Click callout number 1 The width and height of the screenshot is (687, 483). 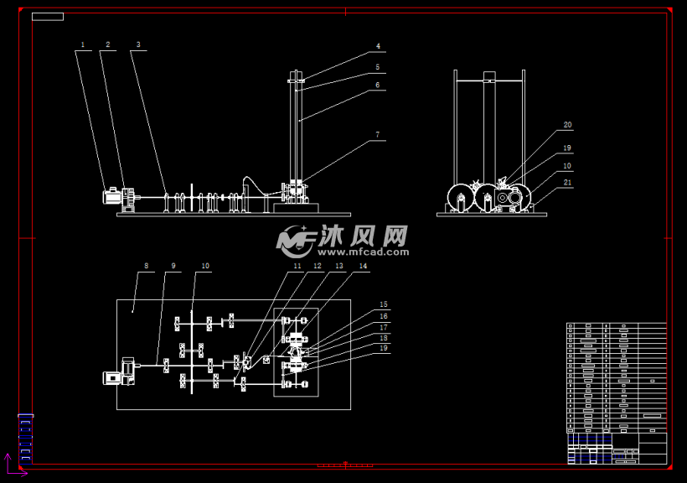click(x=83, y=44)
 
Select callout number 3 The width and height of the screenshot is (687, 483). click(x=138, y=44)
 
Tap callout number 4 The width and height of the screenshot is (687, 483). click(x=378, y=46)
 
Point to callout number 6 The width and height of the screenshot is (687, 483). click(x=378, y=85)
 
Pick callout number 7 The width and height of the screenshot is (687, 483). click(x=378, y=134)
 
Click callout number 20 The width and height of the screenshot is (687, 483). click(x=567, y=125)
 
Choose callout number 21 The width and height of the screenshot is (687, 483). click(x=567, y=182)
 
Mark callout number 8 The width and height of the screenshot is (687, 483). click(x=146, y=266)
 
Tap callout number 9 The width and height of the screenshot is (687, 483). click(x=173, y=266)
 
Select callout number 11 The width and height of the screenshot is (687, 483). click(x=297, y=266)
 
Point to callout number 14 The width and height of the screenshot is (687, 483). click(x=363, y=266)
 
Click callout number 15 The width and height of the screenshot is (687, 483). click(x=384, y=304)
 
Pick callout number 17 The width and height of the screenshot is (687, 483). click(x=384, y=327)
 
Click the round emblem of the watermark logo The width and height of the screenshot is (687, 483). click(x=294, y=240)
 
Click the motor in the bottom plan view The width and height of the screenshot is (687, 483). click(x=111, y=377)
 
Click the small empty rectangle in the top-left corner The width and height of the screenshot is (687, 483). click(x=48, y=16)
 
